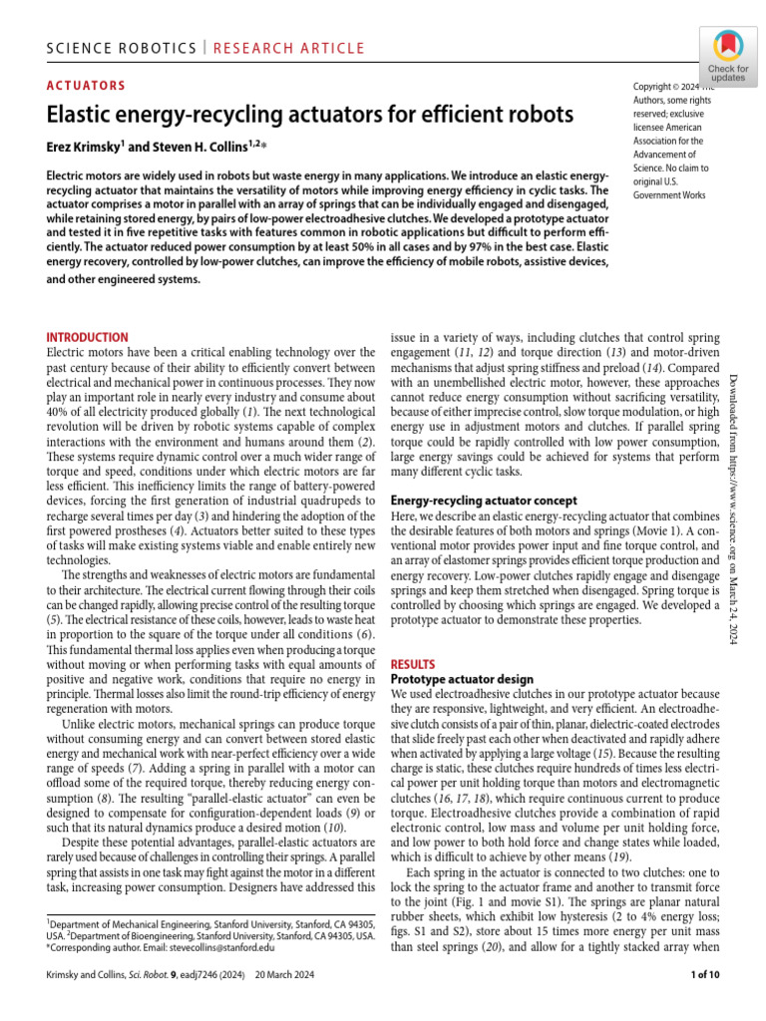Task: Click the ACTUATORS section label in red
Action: (87, 86)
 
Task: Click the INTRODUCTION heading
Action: (88, 338)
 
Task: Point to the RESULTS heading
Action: (413, 663)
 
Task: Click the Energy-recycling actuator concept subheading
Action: (483, 501)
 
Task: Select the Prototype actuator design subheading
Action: (454, 679)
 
